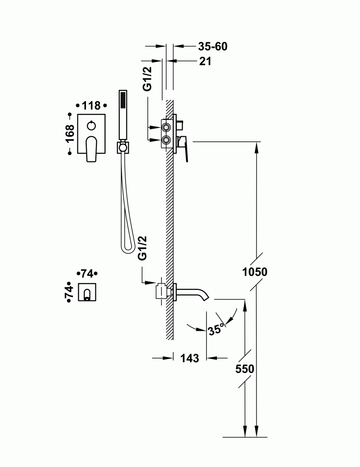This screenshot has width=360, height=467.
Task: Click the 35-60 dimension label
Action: click(x=212, y=46)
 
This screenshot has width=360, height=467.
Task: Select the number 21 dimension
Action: click(x=205, y=62)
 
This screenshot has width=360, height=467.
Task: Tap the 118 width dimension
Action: click(x=91, y=106)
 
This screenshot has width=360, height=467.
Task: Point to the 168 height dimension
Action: click(x=70, y=134)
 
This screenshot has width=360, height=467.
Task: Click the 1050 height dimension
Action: click(x=255, y=272)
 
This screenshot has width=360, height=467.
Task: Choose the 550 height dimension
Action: click(x=245, y=369)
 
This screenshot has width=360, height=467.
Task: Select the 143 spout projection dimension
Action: click(x=190, y=358)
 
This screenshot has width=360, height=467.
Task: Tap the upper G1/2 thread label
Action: click(x=147, y=79)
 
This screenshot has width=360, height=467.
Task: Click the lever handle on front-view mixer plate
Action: click(x=91, y=148)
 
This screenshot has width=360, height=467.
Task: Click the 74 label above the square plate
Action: click(x=87, y=274)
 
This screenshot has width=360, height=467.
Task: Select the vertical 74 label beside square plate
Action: click(x=69, y=293)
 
